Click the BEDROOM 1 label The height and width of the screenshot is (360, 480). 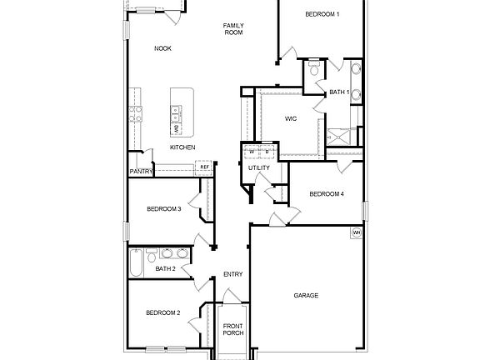click(x=322, y=14)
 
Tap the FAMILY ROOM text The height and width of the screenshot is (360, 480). click(x=232, y=28)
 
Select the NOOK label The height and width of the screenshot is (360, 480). click(x=162, y=48)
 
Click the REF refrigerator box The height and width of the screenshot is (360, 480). click(x=204, y=167)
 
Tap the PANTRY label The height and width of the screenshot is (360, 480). click(x=140, y=172)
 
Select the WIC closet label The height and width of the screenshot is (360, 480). click(x=290, y=119)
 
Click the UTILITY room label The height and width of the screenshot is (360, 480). click(x=258, y=168)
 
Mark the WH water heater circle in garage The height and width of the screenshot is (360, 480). click(x=357, y=232)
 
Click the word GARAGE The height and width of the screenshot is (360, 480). click(x=306, y=295)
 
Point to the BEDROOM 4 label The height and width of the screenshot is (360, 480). click(x=326, y=194)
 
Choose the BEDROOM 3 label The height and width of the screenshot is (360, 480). click(x=163, y=208)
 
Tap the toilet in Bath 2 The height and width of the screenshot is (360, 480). click(x=152, y=253)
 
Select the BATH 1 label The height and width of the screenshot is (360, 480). click(x=339, y=92)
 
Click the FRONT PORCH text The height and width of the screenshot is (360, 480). click(x=232, y=330)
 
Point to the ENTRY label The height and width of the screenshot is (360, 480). click(x=232, y=275)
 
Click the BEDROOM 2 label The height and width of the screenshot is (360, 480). click(x=162, y=312)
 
